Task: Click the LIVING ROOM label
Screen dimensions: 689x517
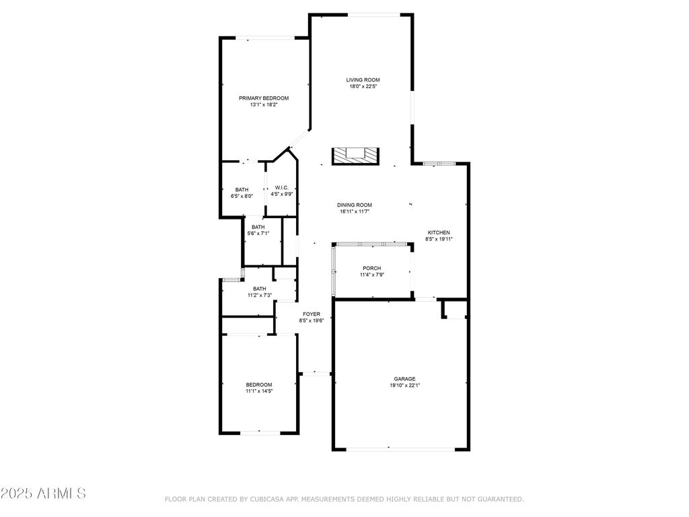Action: tap(363, 80)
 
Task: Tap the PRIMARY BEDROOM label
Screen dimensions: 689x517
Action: tap(264, 98)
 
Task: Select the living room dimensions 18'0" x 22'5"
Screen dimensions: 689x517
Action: tap(363, 87)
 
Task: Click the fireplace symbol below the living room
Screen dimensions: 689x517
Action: tap(355, 156)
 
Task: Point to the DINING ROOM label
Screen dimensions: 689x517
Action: tap(355, 205)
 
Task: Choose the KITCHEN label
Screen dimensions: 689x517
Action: tap(439, 232)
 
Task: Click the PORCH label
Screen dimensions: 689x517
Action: tap(371, 268)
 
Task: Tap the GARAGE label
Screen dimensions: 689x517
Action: tap(404, 379)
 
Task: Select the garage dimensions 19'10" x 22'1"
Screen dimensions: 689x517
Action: tap(404, 386)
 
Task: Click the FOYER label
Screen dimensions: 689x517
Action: tap(312, 314)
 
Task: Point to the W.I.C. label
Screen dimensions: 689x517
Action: tap(282, 188)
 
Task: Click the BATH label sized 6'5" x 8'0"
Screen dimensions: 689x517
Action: tap(242, 190)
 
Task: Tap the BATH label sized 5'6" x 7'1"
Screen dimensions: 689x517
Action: tap(258, 227)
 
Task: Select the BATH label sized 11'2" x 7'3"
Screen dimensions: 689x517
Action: tap(260, 289)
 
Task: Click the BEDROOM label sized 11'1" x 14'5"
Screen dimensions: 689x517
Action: tap(259, 384)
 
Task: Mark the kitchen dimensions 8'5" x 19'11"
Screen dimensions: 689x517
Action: tap(439, 239)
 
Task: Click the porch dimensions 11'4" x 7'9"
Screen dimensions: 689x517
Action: tap(372, 275)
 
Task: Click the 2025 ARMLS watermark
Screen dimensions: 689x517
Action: tap(43, 493)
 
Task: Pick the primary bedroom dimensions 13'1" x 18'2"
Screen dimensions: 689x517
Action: tap(264, 104)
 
